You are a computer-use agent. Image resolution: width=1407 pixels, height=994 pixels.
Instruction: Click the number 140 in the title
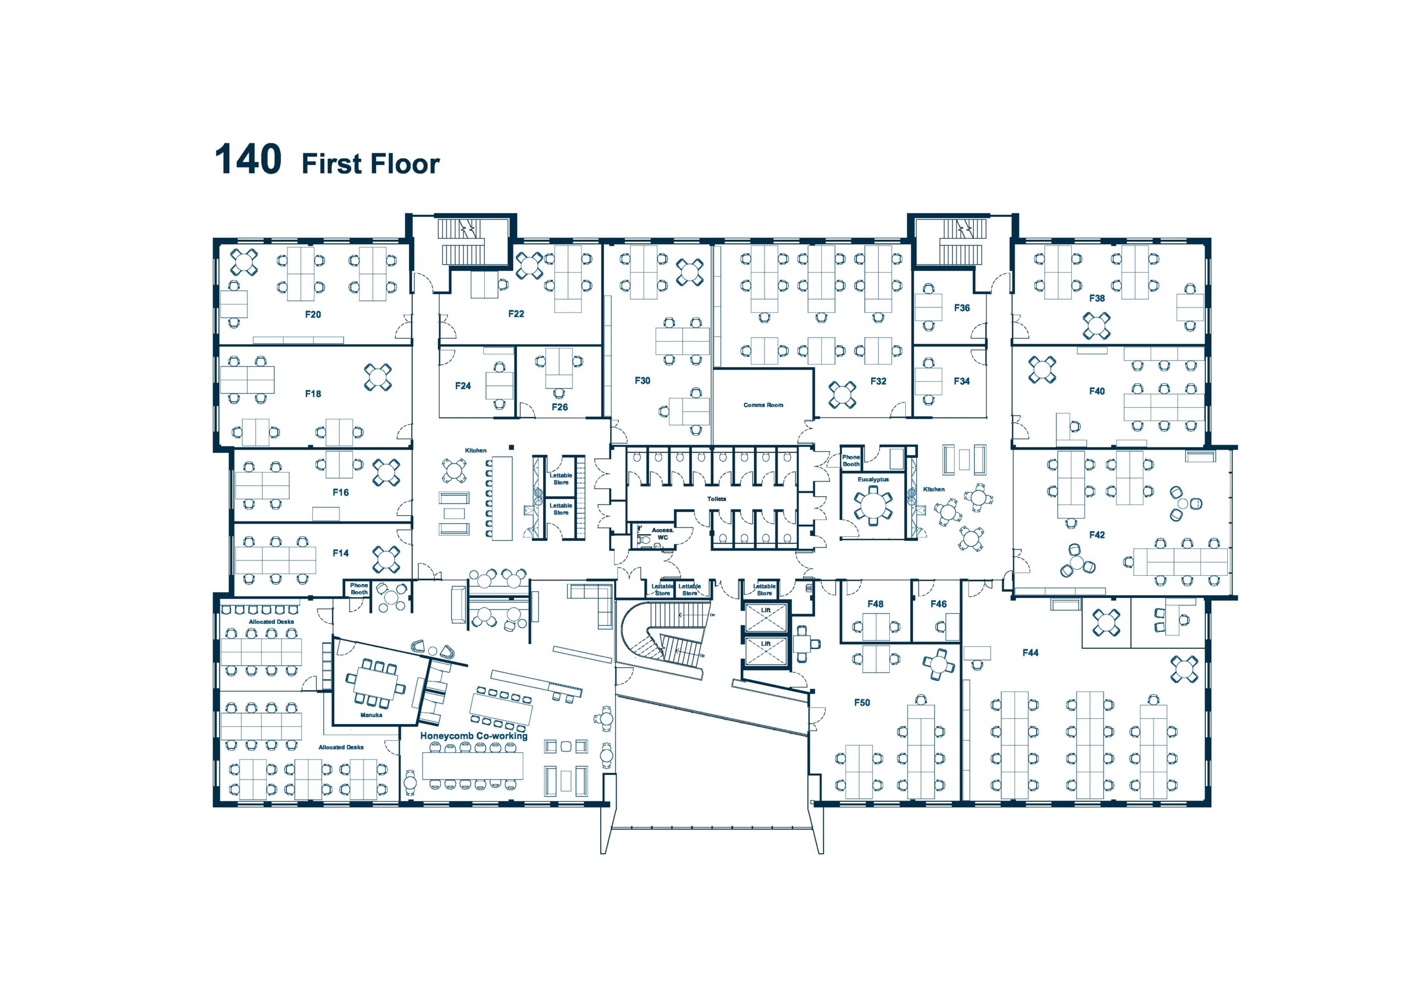[x=248, y=159]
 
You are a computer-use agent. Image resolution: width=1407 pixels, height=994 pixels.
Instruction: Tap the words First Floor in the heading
[x=371, y=164]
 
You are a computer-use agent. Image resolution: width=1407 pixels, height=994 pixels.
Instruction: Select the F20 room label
[x=313, y=314]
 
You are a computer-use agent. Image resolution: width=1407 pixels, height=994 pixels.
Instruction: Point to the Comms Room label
[x=763, y=405]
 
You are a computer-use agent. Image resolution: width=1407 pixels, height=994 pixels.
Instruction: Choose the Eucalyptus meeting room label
[x=873, y=479]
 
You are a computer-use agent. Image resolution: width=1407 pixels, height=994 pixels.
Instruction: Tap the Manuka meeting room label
[x=372, y=715]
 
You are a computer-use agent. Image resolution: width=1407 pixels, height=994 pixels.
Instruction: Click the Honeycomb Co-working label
[x=474, y=735]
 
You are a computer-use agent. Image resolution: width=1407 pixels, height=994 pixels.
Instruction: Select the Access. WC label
[x=662, y=534]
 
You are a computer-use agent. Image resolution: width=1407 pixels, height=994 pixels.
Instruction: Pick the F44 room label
[x=1030, y=653]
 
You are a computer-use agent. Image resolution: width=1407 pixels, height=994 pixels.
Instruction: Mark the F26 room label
[x=560, y=407]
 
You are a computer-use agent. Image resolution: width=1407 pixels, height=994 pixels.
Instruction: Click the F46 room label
[x=938, y=604]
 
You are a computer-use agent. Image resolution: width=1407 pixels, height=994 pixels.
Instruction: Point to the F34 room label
[x=961, y=381]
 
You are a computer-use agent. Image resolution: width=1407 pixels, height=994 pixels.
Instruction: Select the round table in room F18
[x=378, y=377]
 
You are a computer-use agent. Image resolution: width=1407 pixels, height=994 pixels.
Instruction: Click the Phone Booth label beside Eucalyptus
[x=851, y=461]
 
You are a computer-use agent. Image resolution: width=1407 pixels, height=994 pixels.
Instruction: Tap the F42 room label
[x=1096, y=535]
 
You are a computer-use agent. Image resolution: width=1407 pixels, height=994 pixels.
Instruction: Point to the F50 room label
[x=862, y=703]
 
